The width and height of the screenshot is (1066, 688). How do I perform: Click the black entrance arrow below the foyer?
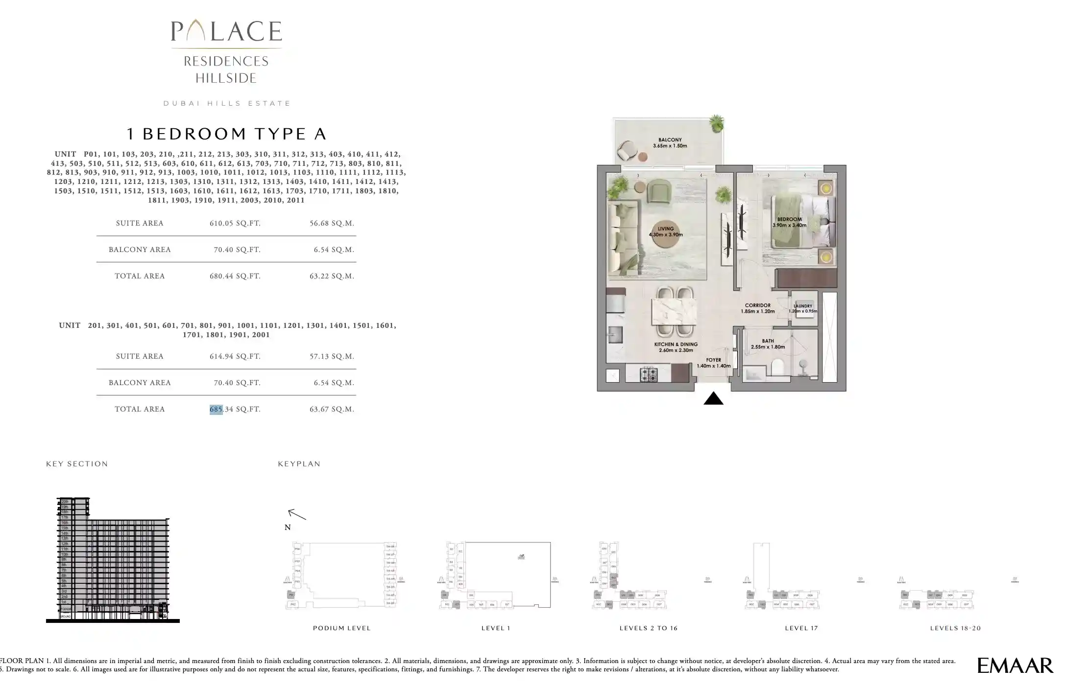pyautogui.click(x=713, y=399)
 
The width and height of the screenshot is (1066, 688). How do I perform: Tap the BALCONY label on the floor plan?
pyautogui.click(x=670, y=140)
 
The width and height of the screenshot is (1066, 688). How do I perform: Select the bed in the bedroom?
pyautogui.click(x=802, y=221)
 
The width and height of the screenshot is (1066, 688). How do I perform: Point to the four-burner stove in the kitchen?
pyautogui.click(x=649, y=375)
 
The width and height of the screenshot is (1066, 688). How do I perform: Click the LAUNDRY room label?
pyautogui.click(x=803, y=306)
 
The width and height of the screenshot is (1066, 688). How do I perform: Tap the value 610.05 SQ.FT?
pyautogui.click(x=235, y=223)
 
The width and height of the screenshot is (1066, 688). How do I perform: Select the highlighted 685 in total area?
pyautogui.click(x=216, y=409)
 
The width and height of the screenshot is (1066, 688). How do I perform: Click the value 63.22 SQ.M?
pyautogui.click(x=332, y=276)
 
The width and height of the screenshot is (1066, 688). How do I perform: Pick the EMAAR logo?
pyautogui.click(x=1015, y=665)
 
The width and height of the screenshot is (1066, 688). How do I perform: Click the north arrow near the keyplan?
pyautogui.click(x=297, y=514)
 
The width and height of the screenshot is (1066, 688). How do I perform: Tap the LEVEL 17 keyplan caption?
pyautogui.click(x=801, y=628)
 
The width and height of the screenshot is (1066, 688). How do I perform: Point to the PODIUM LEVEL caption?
pyautogui.click(x=342, y=628)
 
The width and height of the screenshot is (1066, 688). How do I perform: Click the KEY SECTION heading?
pyautogui.click(x=77, y=464)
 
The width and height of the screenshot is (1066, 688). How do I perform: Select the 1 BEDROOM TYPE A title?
pyautogui.click(x=226, y=134)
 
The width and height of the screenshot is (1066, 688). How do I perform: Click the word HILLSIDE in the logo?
pyautogui.click(x=226, y=78)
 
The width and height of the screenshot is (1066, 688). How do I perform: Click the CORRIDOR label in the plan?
pyautogui.click(x=757, y=305)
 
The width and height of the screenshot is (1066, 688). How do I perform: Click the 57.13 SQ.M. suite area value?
pyautogui.click(x=332, y=356)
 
